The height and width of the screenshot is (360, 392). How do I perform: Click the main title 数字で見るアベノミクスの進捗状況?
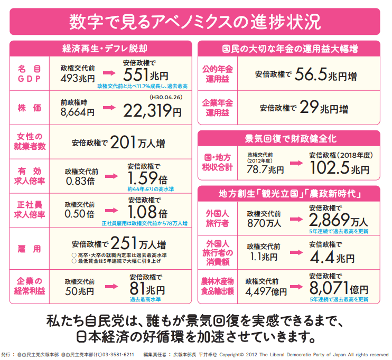pos(195,22)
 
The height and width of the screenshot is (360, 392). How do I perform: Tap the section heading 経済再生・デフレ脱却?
pos(101,49)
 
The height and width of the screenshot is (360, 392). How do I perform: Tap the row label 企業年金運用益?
pos(218,108)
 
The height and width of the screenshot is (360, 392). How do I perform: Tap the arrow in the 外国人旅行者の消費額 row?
pos(295,253)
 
